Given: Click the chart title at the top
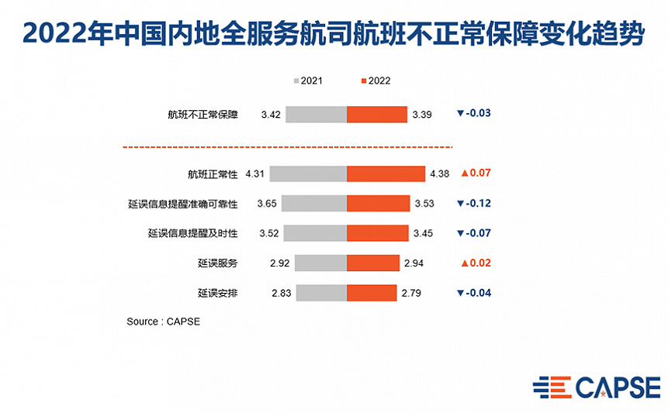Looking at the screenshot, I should pyautogui.click(x=334, y=33).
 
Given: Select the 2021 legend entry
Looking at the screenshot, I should pyautogui.click(x=307, y=81).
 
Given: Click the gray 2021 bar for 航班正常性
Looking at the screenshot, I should pyautogui.click(x=308, y=174).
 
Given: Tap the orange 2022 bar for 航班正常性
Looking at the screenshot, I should pyautogui.click(x=386, y=174).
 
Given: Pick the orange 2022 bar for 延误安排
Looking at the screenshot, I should pyautogui.click(x=372, y=293).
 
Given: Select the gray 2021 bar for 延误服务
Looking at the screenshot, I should pyautogui.click(x=320, y=263).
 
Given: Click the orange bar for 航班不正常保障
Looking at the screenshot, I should pyautogui.click(x=377, y=114).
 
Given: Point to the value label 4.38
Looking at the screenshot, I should pyautogui.click(x=439, y=174).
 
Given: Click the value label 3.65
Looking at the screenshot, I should pyautogui.click(x=267, y=204).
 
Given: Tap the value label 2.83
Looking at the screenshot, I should pyautogui.click(x=280, y=293).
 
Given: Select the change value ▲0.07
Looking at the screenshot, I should pyautogui.click(x=476, y=173).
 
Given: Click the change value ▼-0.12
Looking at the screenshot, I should pyautogui.click(x=474, y=203).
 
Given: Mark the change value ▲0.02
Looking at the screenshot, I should pyautogui.click(x=476, y=263).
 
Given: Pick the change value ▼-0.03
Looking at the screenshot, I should pyautogui.click(x=474, y=113).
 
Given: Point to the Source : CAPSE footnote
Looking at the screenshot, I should pyautogui.click(x=163, y=321).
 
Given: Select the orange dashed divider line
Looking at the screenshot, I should pyautogui.click(x=287, y=146).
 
